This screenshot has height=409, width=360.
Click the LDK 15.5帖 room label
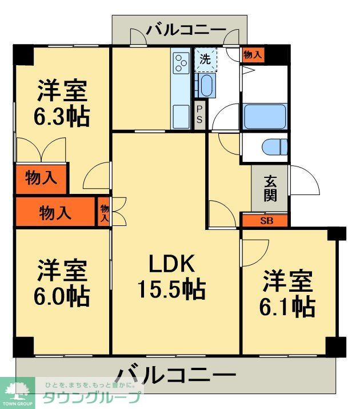tap(171, 277)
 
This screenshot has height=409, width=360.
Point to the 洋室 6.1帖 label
tap(287, 294)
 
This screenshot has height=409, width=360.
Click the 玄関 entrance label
tap(270, 188)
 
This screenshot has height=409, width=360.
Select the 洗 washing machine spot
tap(205, 58)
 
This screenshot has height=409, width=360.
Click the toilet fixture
tap(275, 147)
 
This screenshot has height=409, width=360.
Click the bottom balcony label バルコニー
tap(175, 376)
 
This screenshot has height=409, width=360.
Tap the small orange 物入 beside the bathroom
tap(252, 55)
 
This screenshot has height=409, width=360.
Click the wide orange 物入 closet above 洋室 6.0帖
tap(55, 213)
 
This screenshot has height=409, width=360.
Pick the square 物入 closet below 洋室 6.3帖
tap(41, 178)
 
